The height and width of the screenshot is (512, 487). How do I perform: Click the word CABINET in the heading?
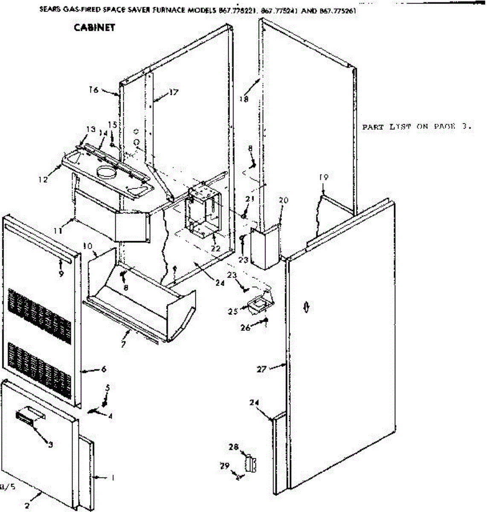pos(94,28)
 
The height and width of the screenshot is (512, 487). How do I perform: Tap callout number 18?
pos(243,99)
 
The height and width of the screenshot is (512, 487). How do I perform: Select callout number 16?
pos(94,90)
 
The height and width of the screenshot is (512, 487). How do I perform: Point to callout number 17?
pos(174,92)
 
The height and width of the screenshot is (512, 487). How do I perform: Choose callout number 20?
pos(284,200)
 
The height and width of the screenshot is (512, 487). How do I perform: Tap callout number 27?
pos(261,369)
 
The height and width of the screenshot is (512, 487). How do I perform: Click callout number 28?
pos(233,447)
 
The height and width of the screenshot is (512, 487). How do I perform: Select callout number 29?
pos(225,465)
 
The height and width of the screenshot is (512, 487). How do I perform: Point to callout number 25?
pos(232,311)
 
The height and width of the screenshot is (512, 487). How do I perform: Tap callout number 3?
pos(50,445)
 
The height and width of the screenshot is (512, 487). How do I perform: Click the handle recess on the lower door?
pos(30,416)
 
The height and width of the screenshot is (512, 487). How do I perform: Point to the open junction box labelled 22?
pos(203,211)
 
